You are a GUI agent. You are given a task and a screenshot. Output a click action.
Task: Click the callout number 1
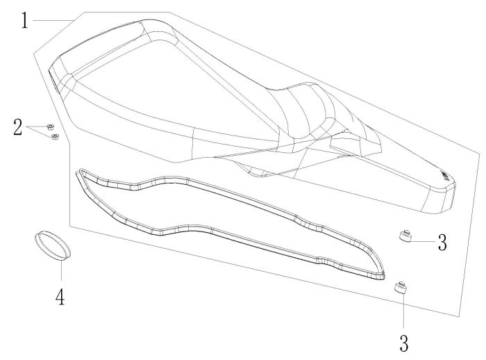coord(24,20)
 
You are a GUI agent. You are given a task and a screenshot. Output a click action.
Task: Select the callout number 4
coord(60,297)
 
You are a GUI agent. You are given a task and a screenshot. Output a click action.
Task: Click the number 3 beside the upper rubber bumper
coord(442,243)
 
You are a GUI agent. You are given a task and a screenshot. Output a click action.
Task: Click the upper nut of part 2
coord(50,126)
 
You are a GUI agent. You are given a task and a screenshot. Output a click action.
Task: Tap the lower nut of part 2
coord(56,136)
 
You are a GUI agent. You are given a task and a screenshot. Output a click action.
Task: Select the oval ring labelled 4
coord(53,247)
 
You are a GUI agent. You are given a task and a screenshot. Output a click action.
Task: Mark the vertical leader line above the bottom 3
coord(403,312)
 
